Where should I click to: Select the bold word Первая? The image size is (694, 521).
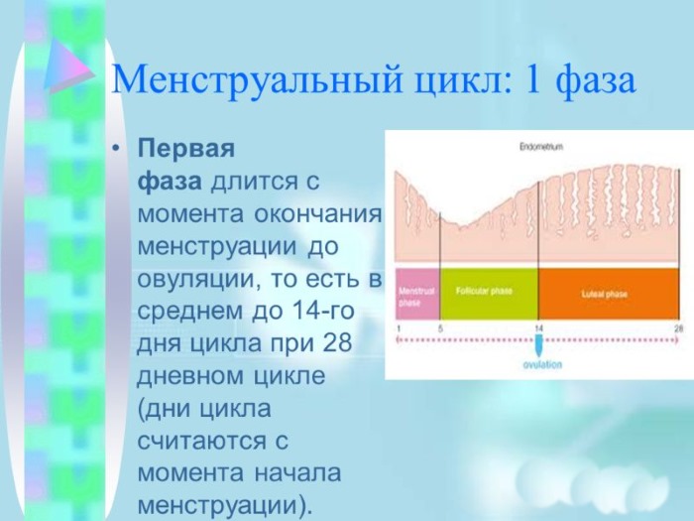click(185, 149)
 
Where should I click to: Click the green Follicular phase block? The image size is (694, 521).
click(487, 295)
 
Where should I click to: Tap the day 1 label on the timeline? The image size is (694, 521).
click(398, 327)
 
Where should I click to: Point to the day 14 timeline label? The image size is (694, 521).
click(538, 327)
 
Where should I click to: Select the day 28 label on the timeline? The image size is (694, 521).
click(679, 327)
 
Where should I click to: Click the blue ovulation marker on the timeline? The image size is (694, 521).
click(538, 345)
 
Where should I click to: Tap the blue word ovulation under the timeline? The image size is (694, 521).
click(541, 365)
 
